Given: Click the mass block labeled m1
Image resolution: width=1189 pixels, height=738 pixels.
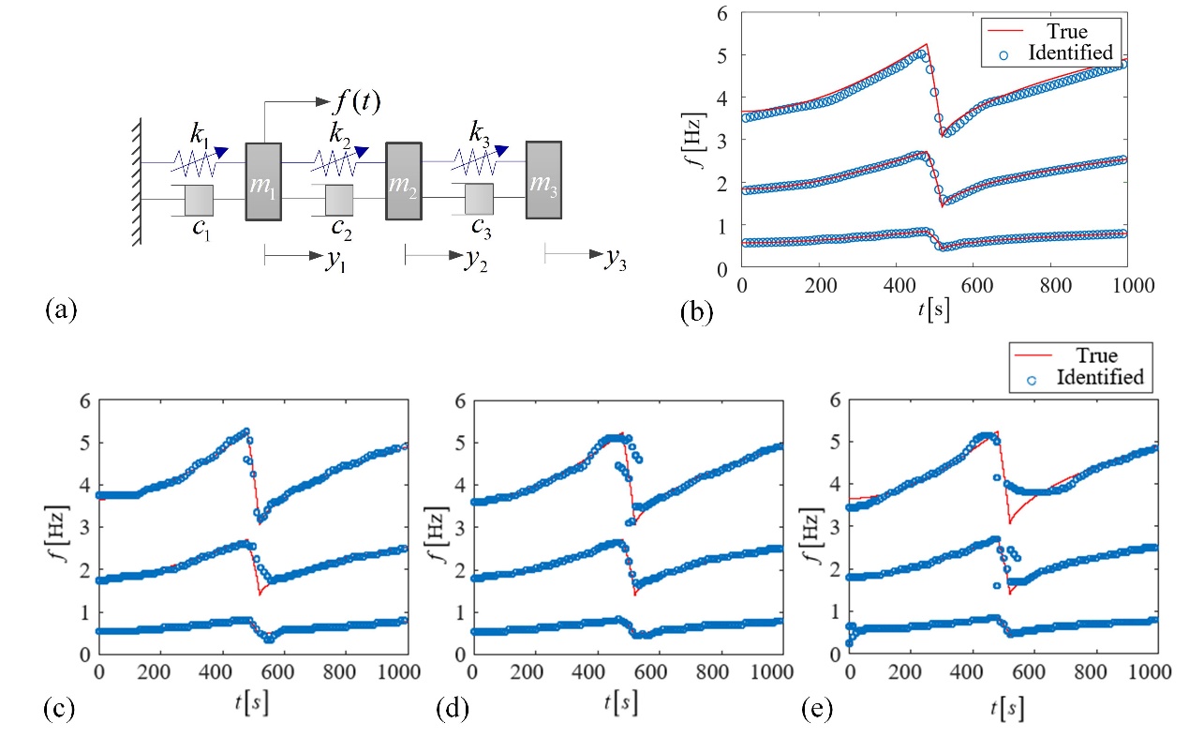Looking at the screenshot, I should pos(263,182).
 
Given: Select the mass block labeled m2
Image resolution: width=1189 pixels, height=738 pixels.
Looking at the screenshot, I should pos(404,182).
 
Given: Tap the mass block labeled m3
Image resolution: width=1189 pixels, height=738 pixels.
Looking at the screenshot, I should pos(543,180).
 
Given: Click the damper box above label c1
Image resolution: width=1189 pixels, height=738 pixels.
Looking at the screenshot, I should pos(199,200).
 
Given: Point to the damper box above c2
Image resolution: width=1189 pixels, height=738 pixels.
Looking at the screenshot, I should pos(338,200).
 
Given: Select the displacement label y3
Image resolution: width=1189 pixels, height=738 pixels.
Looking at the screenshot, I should pos(616,262).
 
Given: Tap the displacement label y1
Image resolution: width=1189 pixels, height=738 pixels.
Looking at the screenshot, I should pos(334,262).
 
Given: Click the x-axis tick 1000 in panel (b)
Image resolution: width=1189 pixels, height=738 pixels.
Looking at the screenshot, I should pos(1125,285).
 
